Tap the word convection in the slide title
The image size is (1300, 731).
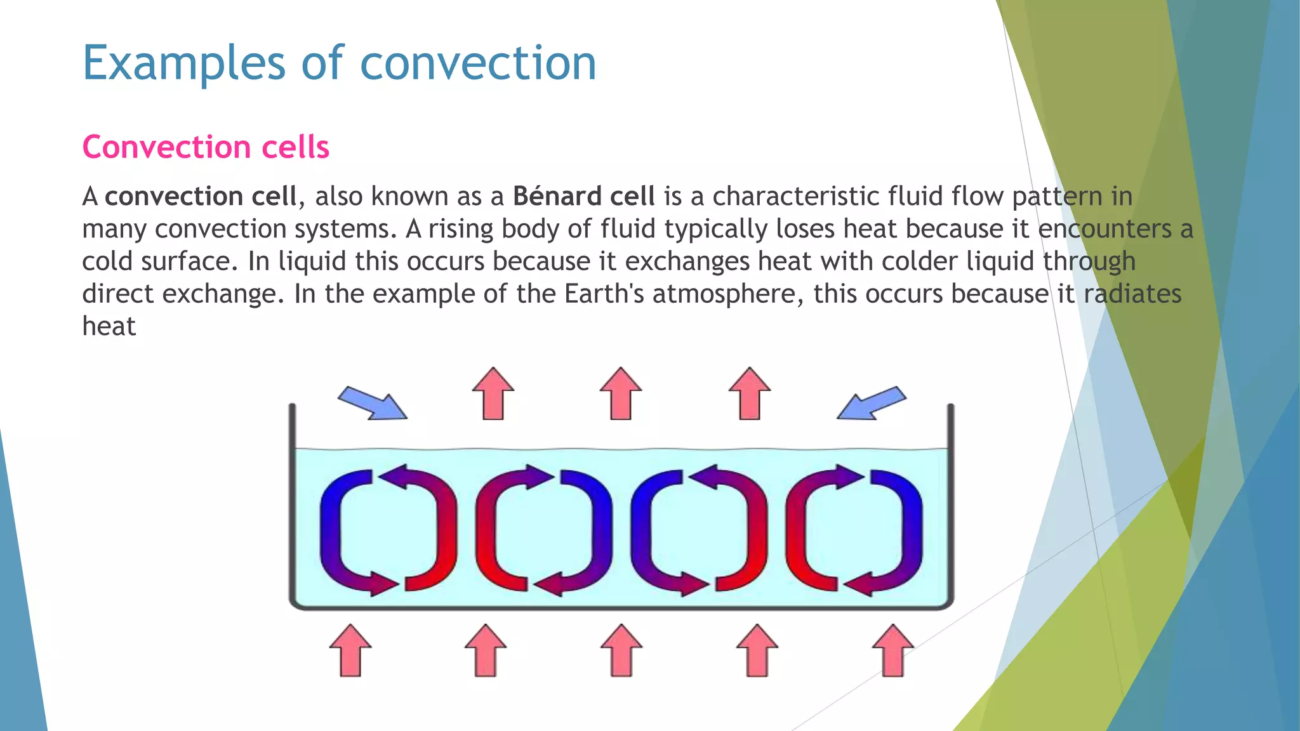coord(478,63)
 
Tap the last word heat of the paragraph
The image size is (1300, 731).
coord(109,326)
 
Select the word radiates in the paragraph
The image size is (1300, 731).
coord(1132,294)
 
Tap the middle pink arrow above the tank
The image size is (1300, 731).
coord(621,393)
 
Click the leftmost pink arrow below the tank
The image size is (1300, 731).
coord(350,650)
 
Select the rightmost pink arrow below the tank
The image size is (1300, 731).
coord(892,650)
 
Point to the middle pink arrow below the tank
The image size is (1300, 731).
coord(621,650)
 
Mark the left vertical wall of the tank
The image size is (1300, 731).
coord(293,501)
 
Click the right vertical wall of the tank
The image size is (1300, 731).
coord(950,501)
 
